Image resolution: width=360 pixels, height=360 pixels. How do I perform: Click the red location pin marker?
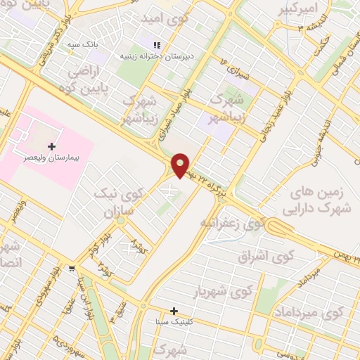point(181,165)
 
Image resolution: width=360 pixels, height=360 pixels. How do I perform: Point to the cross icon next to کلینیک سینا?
point(174,311)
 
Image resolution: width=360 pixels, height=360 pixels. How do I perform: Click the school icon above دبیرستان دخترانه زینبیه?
point(147,44)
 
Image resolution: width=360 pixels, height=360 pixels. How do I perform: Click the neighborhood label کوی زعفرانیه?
point(233,224)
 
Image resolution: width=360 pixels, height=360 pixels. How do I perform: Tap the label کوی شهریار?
point(222,290)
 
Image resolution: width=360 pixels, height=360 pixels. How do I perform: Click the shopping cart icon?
point(72,269)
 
